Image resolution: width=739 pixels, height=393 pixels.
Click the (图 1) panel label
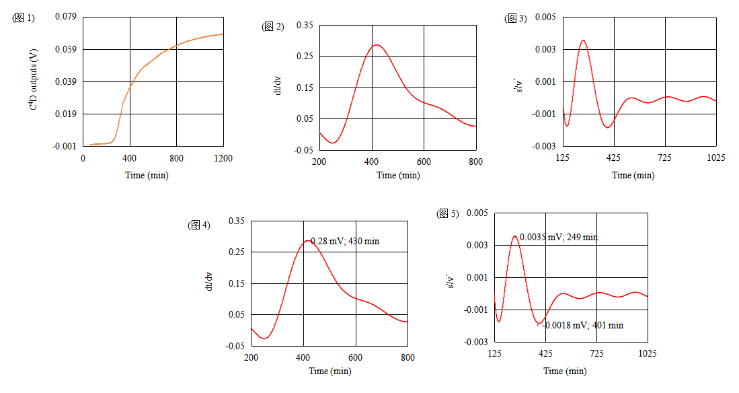click(24, 19)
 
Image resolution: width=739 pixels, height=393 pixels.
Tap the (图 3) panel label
click(515, 19)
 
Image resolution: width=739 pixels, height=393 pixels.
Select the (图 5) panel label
click(448, 214)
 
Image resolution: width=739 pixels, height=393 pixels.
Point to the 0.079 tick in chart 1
click(66, 17)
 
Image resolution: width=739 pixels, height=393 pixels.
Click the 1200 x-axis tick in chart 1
click(223, 158)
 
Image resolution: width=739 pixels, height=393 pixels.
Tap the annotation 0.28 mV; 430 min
click(345, 241)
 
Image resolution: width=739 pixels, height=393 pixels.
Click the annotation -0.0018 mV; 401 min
click(582, 326)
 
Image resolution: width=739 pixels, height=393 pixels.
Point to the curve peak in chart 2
click(376, 45)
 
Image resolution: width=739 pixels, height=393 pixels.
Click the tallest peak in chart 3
click(583, 40)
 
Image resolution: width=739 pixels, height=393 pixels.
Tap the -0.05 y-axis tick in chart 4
click(236, 346)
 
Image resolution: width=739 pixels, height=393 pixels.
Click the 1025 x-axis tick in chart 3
click(716, 158)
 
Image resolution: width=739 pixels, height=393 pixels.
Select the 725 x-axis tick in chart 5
click(596, 354)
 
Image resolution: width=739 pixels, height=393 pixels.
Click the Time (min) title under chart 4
click(329, 371)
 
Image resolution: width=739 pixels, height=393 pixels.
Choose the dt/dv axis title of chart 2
click(278, 87)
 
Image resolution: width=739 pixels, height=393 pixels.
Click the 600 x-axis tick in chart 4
click(355, 358)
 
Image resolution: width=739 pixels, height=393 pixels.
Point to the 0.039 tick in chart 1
click(66, 81)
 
